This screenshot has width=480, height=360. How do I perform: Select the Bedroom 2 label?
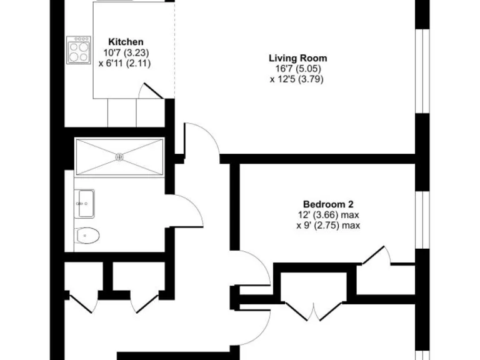click(328, 204)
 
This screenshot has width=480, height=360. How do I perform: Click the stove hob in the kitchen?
click(79, 51)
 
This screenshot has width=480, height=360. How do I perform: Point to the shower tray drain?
click(119, 156)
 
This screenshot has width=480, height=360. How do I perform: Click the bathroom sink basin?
click(84, 203)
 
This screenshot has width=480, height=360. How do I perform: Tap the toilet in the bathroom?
click(87, 236)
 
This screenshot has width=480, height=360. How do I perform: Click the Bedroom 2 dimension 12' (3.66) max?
click(328, 215)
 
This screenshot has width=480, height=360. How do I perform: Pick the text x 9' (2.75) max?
click(328, 226)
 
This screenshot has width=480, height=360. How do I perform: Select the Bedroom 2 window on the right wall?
click(423, 219)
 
